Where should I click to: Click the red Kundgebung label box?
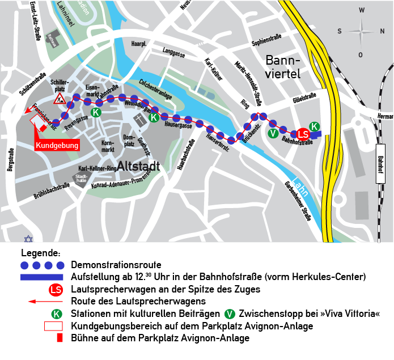click(x=57, y=146)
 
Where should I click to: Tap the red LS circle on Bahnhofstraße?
click(x=304, y=134)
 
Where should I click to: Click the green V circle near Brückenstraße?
click(x=273, y=133)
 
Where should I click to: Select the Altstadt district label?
click(x=139, y=167)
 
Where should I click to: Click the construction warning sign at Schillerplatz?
click(x=60, y=100)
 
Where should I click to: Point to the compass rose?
click(x=362, y=31)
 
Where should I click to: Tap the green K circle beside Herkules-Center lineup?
click(x=314, y=126)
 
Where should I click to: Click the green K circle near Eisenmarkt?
click(x=96, y=112)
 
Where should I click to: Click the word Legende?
click(x=40, y=253)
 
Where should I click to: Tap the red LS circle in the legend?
click(x=56, y=290)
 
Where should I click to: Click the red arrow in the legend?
click(x=56, y=301)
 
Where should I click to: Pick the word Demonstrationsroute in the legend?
click(x=116, y=265)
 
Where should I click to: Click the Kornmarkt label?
click(x=108, y=146)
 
